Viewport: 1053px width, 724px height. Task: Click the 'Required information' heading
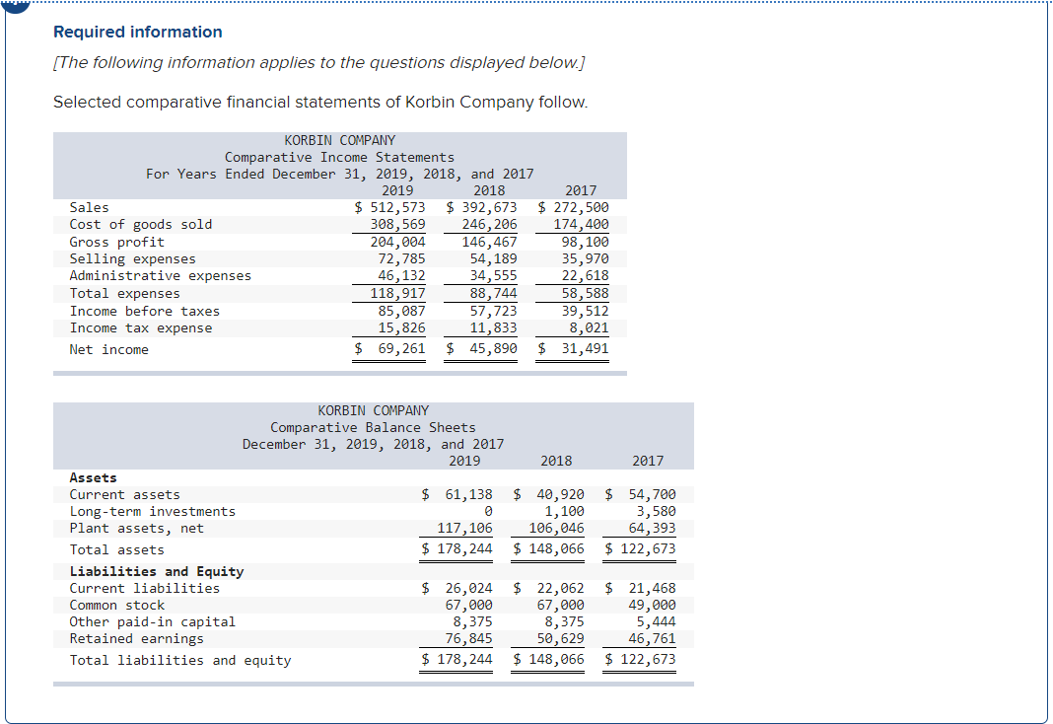pos(138,32)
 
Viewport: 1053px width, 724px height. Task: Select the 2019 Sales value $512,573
pos(390,207)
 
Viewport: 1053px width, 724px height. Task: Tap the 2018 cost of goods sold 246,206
pos(490,224)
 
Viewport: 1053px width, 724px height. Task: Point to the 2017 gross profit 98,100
pos(585,242)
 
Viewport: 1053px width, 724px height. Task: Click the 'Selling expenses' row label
pos(132,258)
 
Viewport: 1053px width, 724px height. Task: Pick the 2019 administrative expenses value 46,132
pos(402,276)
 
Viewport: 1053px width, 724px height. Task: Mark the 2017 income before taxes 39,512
pos(585,311)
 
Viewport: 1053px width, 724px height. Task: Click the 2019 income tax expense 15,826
pos(402,327)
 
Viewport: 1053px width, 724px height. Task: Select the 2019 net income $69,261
pos(390,348)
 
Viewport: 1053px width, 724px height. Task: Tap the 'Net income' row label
pos(108,349)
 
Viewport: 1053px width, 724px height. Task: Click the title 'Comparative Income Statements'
pos(339,157)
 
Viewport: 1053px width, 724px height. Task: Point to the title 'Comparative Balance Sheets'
pos(373,427)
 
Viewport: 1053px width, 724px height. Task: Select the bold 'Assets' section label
pos(93,477)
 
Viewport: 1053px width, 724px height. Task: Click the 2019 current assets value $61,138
pos(457,494)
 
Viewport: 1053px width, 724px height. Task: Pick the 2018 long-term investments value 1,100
pos(564,511)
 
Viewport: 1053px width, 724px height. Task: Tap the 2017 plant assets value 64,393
pos(653,529)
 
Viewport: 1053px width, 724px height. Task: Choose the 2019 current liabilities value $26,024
pos(457,588)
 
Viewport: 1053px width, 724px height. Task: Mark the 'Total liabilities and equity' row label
pos(179,660)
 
